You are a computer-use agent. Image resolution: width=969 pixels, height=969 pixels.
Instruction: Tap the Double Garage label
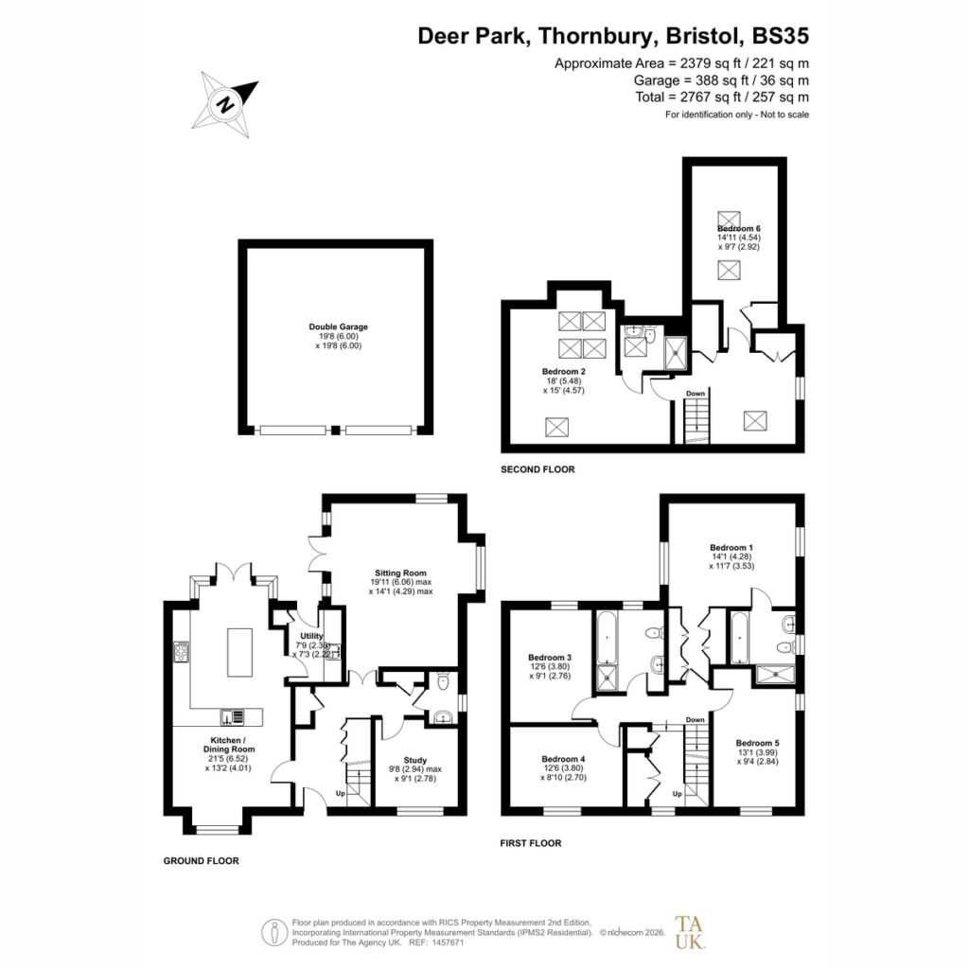pos(338,326)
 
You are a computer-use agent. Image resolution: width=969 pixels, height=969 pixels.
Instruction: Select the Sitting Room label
pos(400,573)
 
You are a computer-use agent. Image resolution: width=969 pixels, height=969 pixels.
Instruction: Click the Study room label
pos(415,760)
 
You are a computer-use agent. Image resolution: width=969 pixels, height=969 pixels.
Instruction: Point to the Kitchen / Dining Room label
pos(229,745)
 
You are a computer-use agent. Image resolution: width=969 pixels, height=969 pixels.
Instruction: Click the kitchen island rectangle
pos(239,652)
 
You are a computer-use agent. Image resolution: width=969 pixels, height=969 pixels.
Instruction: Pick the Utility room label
pos(311,636)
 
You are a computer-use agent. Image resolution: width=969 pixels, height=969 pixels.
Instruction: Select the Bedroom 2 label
pos(564,371)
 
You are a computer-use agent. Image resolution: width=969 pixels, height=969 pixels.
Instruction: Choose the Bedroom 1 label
pos(731,548)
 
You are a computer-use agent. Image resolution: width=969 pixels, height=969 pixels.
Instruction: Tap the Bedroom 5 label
pos(758,743)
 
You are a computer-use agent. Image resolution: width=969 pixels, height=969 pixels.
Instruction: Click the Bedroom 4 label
pos(563,759)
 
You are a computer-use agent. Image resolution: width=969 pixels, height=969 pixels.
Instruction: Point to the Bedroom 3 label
pos(550,658)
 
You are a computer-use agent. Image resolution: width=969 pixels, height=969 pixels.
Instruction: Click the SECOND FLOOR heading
pos(537,469)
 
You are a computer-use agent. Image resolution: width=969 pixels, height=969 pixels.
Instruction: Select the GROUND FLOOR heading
pos(201,861)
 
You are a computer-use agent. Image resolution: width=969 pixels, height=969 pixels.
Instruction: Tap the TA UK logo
pos(689,932)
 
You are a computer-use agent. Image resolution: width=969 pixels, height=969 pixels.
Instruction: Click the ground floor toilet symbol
pos(443,681)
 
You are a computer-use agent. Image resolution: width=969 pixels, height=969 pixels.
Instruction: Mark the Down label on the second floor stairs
pos(696,394)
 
